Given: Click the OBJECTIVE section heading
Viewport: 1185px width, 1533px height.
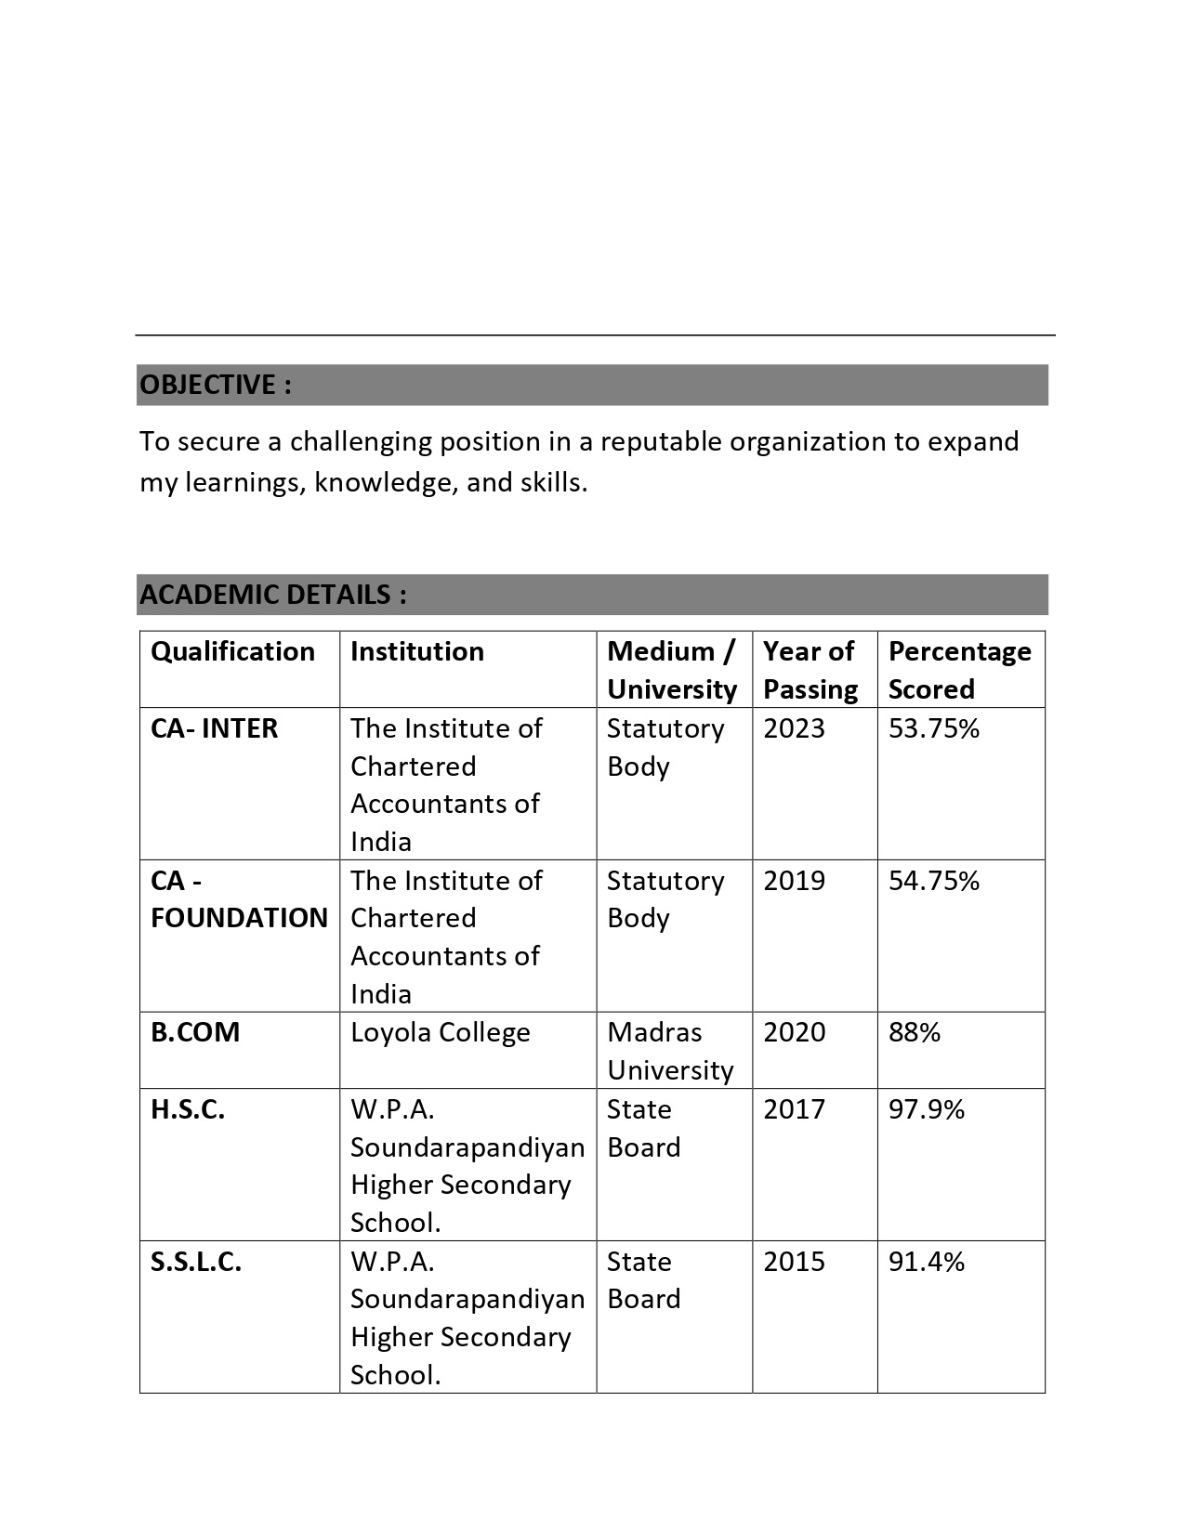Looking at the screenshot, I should coord(216,385).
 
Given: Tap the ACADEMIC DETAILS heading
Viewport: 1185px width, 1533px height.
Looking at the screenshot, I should coord(273,595).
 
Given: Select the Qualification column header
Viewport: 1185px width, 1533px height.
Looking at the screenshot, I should coord(232,651).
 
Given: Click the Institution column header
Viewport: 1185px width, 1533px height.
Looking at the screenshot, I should coord(417,651).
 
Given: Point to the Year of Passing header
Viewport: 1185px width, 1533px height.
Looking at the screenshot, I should coord(810,670).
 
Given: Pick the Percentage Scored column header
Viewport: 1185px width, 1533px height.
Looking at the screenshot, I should coord(959,670).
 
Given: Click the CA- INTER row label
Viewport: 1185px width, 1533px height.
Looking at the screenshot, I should coord(214,728).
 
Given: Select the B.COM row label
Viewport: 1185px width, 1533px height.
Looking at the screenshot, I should coord(195,1032).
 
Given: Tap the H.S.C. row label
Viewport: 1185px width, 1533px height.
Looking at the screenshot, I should coord(188,1109).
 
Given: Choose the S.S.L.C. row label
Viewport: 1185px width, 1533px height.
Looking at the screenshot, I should coord(196,1262).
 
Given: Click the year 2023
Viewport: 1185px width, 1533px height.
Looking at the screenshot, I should coord(794,728).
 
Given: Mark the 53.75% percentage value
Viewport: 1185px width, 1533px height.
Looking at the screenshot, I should coord(934,728).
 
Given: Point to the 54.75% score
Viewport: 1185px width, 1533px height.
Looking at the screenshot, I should coord(934,881).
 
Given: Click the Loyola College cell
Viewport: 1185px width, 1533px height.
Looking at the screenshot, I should coord(441,1032).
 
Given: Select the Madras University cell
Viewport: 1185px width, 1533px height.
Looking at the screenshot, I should coord(670,1051).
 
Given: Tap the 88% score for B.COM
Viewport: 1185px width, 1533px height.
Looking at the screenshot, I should coord(915,1032).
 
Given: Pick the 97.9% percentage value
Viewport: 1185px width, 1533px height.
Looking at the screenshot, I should coord(927,1109).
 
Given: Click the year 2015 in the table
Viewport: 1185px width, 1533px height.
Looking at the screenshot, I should coord(794,1262).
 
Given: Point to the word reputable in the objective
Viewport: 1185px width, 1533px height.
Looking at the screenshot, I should coord(661,441).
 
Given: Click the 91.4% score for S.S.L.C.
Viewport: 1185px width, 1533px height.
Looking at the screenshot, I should coord(927,1262).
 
